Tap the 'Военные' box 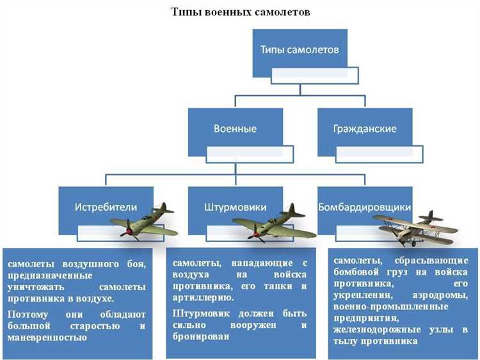pos(235,128)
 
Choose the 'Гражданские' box pos(364,128)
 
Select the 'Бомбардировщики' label pos(364,208)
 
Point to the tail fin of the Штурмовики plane pos(296,211)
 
